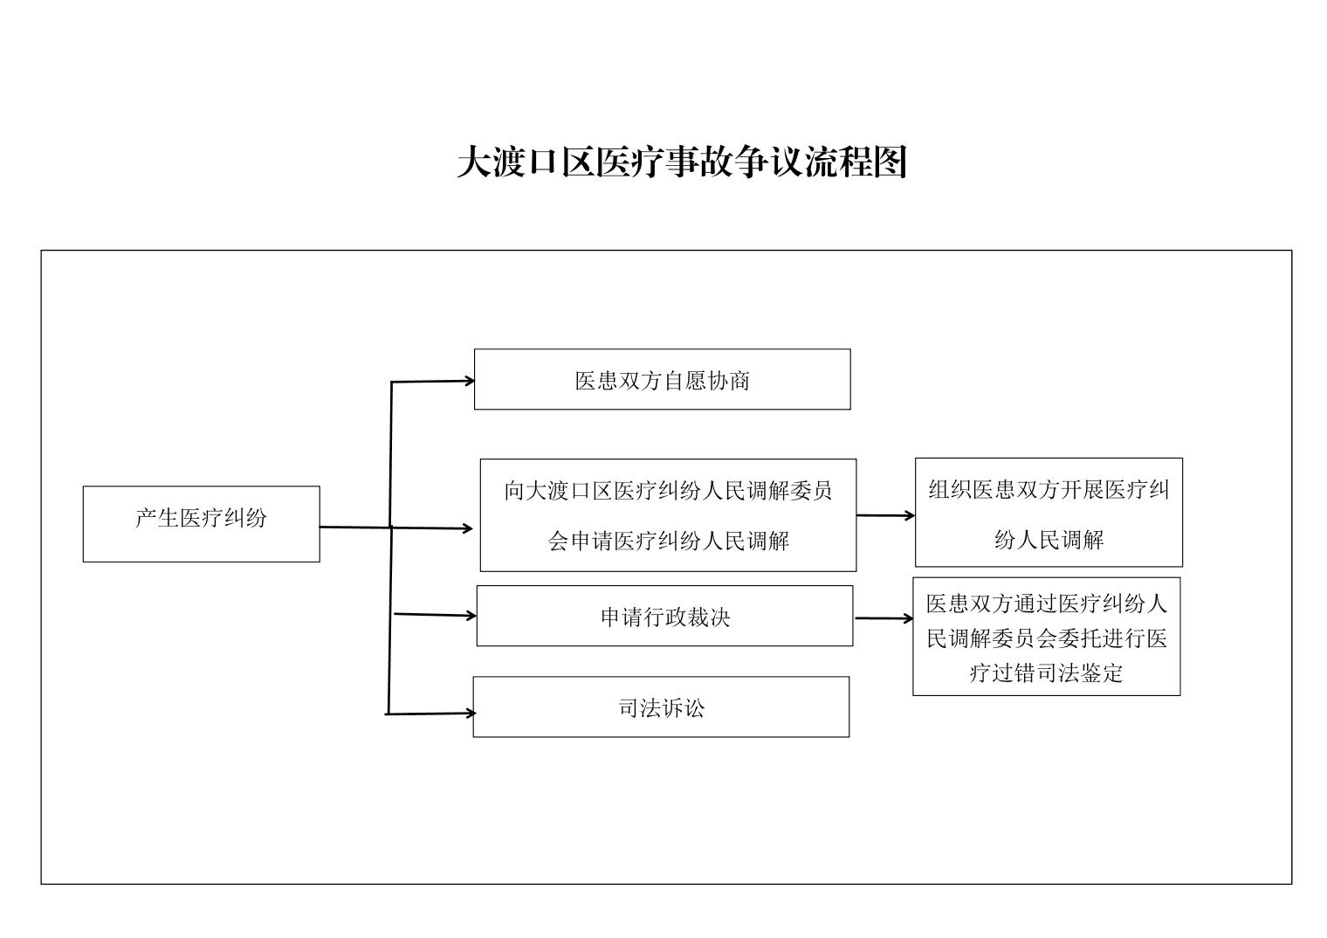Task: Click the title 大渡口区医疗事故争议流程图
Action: click(x=682, y=162)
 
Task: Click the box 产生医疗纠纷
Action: click(x=201, y=523)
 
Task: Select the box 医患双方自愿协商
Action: click(x=662, y=379)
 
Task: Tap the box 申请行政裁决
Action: click(x=664, y=616)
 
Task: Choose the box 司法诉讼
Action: click(x=661, y=707)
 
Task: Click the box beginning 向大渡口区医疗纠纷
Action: click(x=668, y=515)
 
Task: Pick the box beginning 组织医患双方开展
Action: click(x=1049, y=513)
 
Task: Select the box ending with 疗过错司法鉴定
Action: click(x=1046, y=636)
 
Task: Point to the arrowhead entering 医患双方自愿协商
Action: click(x=469, y=381)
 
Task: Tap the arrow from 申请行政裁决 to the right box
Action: click(x=884, y=618)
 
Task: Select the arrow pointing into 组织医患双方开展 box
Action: click(x=885, y=515)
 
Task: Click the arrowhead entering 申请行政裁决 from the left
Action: click(x=471, y=616)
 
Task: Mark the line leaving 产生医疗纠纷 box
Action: click(x=354, y=528)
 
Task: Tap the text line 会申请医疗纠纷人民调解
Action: click(x=668, y=541)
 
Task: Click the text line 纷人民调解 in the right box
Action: click(x=1049, y=540)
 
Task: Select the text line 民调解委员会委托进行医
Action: click(x=1046, y=638)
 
